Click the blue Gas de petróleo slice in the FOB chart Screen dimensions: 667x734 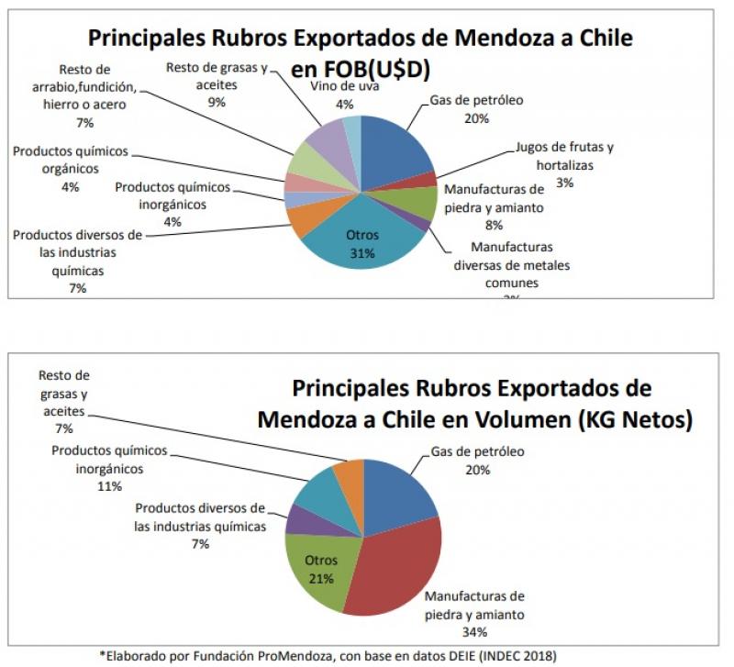[395, 147]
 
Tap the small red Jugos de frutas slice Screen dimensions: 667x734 [428, 179]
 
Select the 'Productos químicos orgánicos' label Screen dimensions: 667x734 [71, 160]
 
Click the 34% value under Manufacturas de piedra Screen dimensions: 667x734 [474, 631]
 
